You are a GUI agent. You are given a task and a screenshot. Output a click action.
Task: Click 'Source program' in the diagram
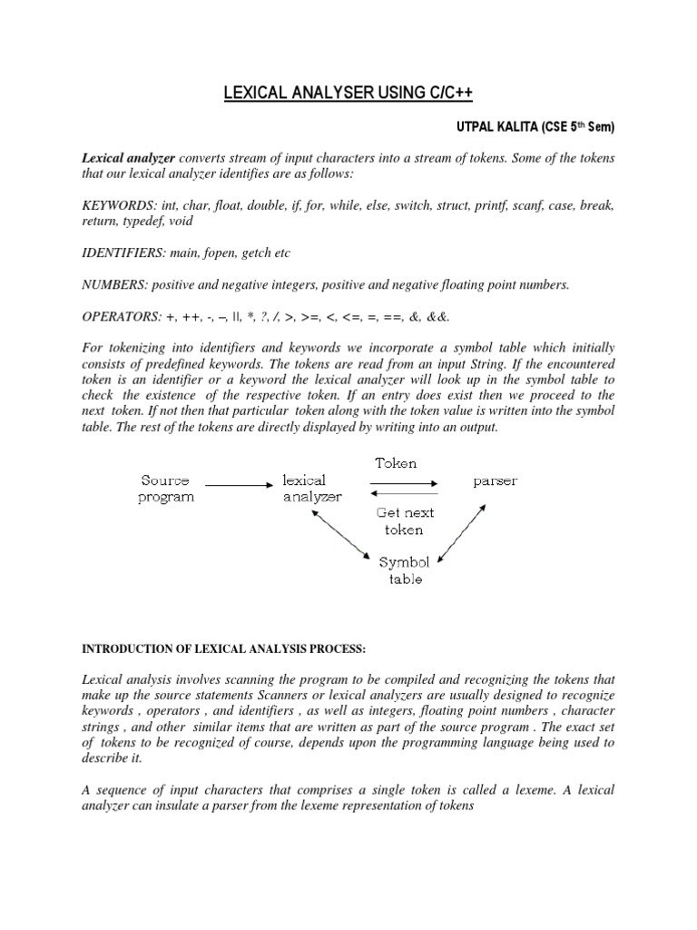click(165, 489)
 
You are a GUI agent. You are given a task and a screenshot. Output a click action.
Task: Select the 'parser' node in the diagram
click(495, 481)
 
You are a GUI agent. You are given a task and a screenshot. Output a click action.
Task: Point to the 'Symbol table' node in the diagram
click(405, 569)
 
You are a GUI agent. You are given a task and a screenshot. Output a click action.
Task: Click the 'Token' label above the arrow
click(396, 463)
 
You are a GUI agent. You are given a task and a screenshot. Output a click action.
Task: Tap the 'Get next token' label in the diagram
click(405, 520)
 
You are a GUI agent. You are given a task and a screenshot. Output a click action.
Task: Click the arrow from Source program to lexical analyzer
click(239, 485)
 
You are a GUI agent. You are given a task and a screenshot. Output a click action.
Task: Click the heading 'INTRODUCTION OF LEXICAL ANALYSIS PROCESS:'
click(223, 648)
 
